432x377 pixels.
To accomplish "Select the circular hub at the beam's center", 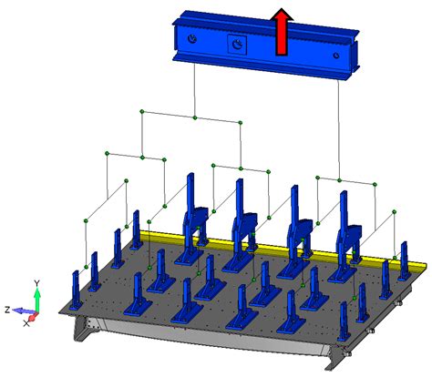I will point(235,44).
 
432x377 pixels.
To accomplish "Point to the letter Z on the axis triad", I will point(6,310).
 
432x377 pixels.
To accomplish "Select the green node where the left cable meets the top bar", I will point(195,117).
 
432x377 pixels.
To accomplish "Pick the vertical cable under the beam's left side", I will point(195,91).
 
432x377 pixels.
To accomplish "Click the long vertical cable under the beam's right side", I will point(340,127).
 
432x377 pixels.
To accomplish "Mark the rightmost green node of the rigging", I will point(396,211).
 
